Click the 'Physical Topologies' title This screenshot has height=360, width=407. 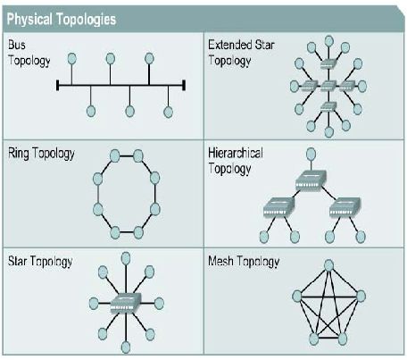[x=62, y=20]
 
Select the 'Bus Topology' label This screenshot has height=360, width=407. [x=29, y=53]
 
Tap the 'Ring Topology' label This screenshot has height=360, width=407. [x=41, y=154]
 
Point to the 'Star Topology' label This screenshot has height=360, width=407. [x=40, y=262]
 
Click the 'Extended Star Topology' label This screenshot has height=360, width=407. [x=241, y=53]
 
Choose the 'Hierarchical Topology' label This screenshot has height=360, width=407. [x=236, y=161]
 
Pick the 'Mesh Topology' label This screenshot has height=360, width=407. [x=244, y=262]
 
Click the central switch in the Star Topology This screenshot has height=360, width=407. [x=126, y=303]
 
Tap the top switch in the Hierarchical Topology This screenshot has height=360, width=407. [x=311, y=180]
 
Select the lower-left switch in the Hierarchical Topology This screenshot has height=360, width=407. [x=278, y=207]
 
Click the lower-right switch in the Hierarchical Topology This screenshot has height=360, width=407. [x=345, y=207]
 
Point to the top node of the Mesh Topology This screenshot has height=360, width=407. [x=328, y=265]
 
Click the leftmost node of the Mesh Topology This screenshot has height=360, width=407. [x=297, y=297]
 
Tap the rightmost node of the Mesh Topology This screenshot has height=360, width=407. [x=361, y=297]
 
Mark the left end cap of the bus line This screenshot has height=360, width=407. [x=58, y=85]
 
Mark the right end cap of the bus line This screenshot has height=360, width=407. [x=184, y=85]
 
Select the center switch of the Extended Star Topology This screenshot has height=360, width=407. [x=328, y=86]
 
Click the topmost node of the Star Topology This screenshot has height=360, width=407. [x=126, y=258]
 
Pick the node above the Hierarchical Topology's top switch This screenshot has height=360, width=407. [x=311, y=154]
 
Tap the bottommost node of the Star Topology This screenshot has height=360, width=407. [x=126, y=347]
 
